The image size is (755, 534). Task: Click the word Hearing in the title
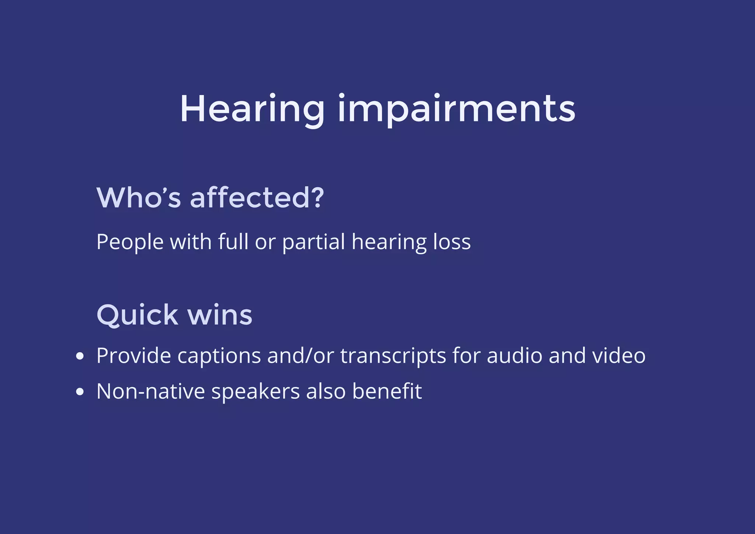[252, 109]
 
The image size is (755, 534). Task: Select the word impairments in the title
[456, 109]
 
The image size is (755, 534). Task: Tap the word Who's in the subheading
[139, 198]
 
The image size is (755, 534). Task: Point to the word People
[130, 242]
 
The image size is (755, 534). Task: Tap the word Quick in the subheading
[137, 315]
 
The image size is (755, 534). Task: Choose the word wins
[220, 315]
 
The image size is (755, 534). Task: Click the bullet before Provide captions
[80, 356]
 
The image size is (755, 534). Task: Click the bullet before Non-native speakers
[80, 392]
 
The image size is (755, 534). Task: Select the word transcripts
[393, 356]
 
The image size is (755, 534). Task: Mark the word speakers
[255, 392]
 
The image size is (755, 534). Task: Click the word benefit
[387, 391]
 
